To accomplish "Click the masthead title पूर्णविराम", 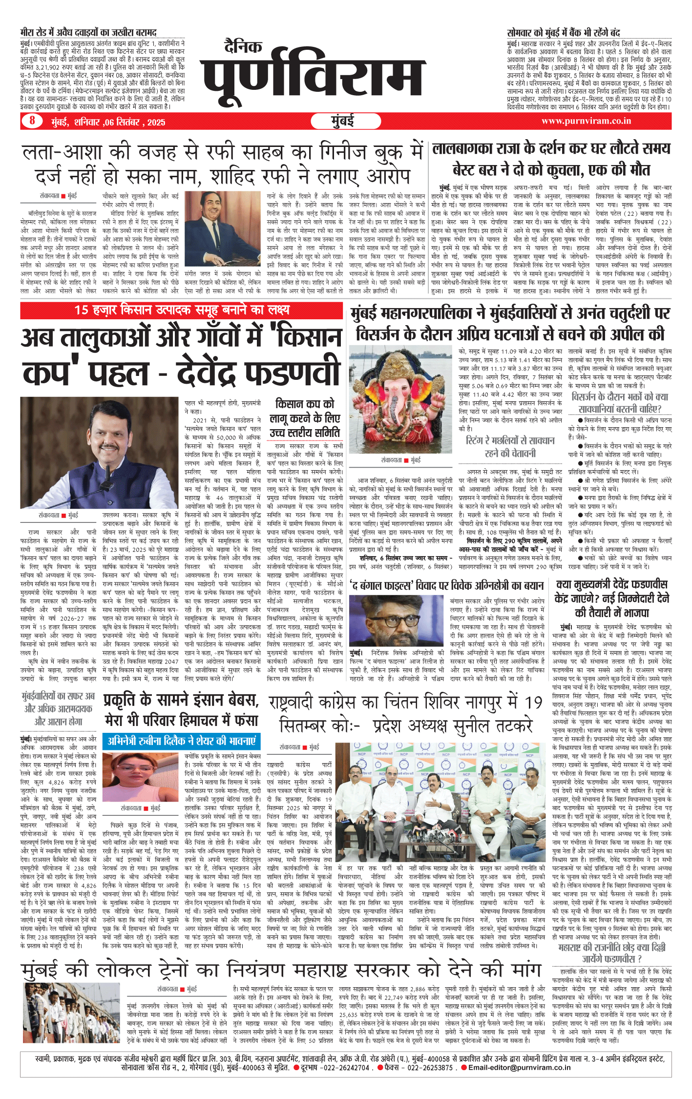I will pyautogui.click(x=313, y=73).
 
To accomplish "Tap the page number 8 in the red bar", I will pyautogui.click(x=32, y=121).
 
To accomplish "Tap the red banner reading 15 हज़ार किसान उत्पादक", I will pyautogui.click(x=182, y=310).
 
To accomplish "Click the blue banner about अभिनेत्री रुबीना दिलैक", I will pyautogui.click(x=181, y=741).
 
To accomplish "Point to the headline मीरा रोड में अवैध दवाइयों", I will pyautogui.click(x=88, y=33).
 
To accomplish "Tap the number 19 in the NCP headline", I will pyautogui.click(x=533, y=703).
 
